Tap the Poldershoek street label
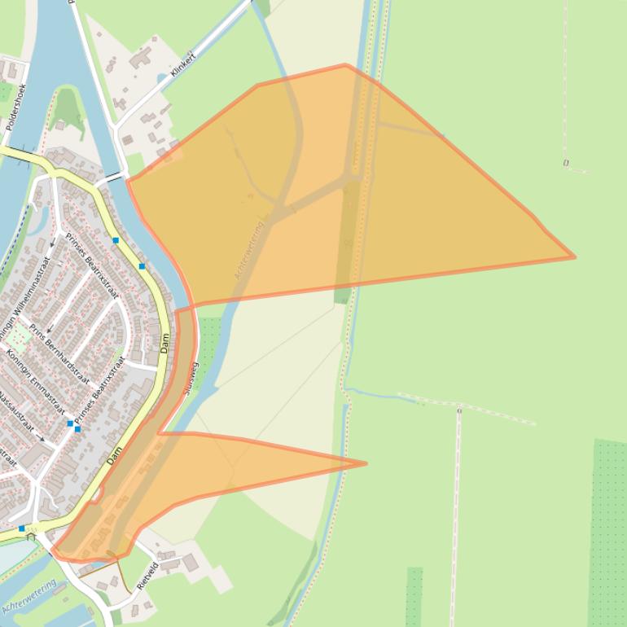tap(17, 107)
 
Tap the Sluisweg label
tap(192, 379)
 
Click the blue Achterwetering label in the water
tap(29, 596)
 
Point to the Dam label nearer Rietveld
tap(114, 454)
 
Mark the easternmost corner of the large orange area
tap(575, 257)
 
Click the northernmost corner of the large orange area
tap(345, 64)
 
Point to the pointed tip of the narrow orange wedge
tap(366, 463)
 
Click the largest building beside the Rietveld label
tap(190, 563)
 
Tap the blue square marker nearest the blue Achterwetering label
tap(22, 528)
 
